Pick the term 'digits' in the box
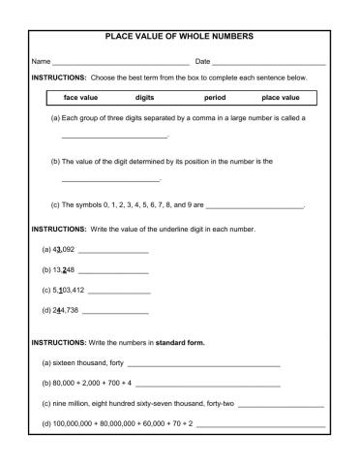pyautogui.click(x=145, y=97)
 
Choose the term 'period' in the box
pyautogui.click(x=215, y=97)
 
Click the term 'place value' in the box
pyautogui.click(x=281, y=97)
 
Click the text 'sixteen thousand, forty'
pyautogui.click(x=87, y=365)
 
